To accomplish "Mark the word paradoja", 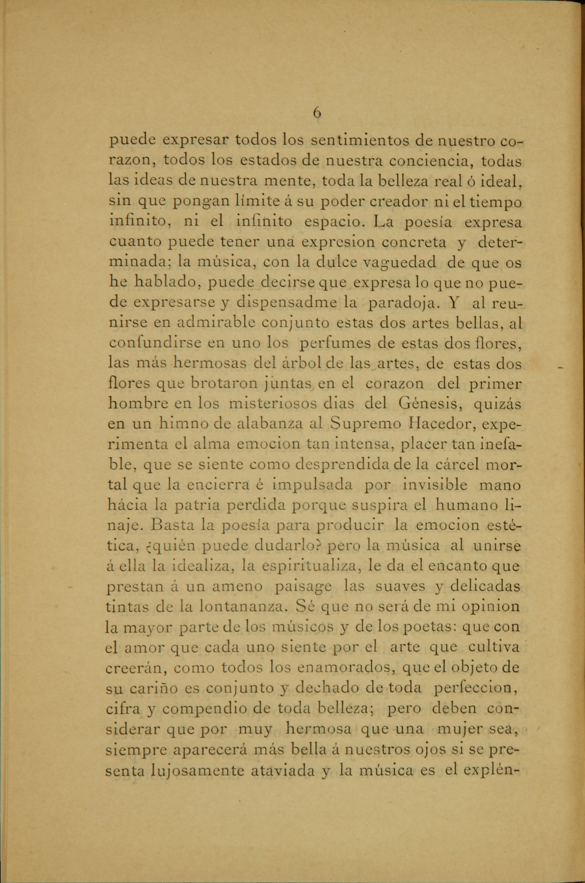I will tap(401, 303).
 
